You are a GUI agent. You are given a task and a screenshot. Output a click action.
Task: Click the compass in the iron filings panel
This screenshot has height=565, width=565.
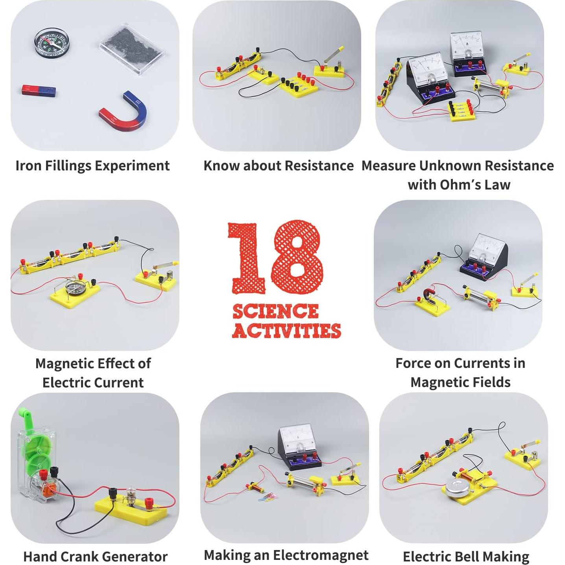pyautogui.click(x=49, y=43)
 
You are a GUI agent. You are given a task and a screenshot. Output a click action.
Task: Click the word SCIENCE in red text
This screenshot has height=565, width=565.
pyautogui.click(x=275, y=312)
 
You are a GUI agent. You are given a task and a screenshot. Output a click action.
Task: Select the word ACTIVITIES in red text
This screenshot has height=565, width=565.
pyautogui.click(x=286, y=331)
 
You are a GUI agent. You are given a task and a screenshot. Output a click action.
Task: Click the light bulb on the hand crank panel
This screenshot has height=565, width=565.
pyautogui.click(x=131, y=495)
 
